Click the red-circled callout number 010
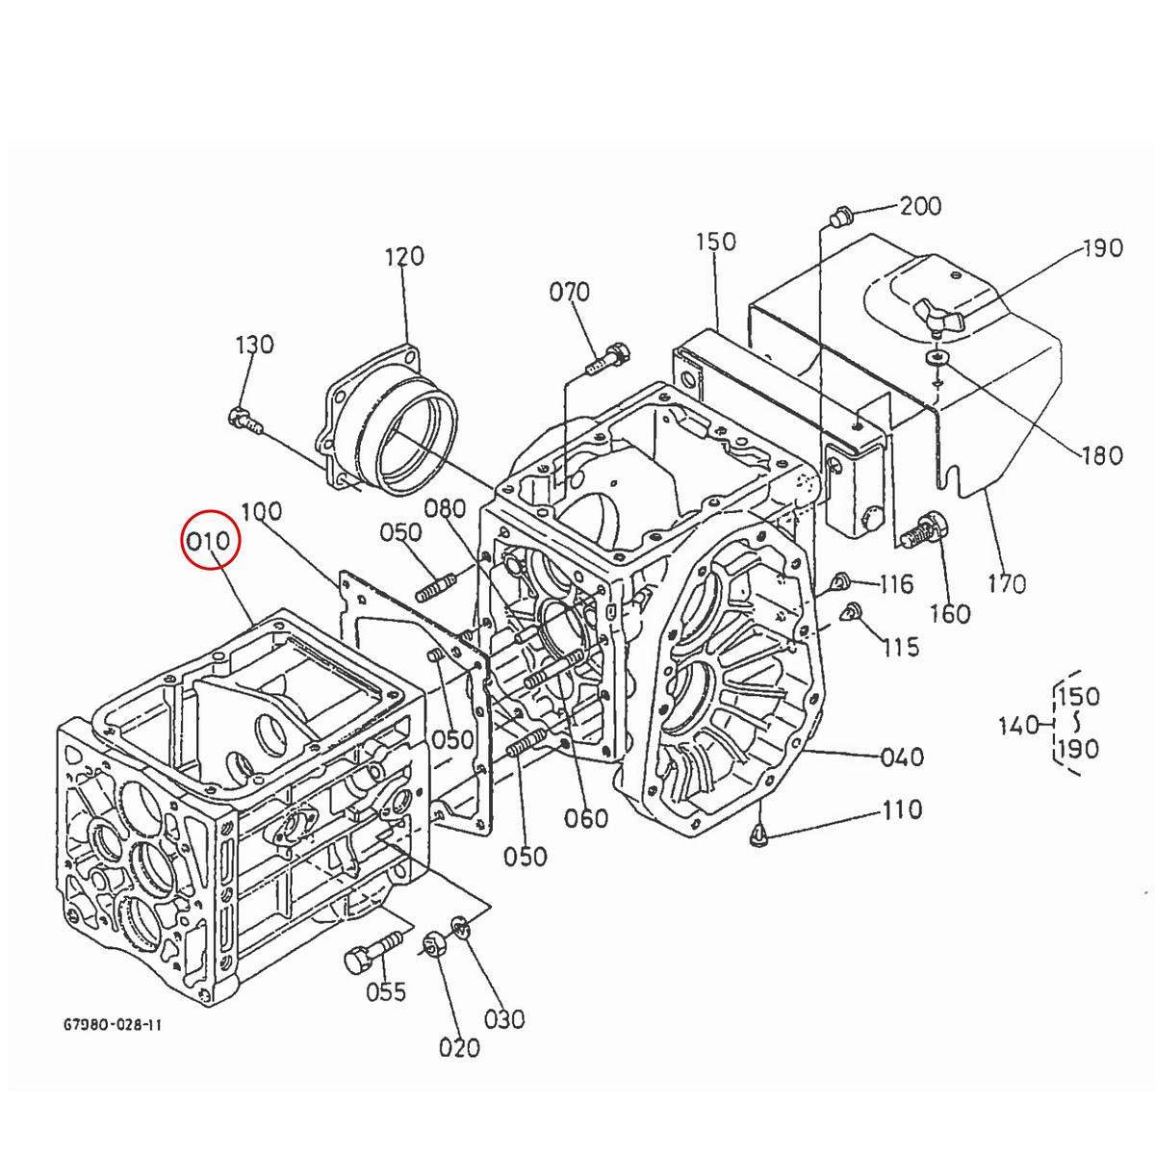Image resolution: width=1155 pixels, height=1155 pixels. point(210,542)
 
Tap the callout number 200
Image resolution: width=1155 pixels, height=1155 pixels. point(920,206)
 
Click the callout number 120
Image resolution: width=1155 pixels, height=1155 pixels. point(404,257)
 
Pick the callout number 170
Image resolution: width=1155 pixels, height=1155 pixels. point(1007,583)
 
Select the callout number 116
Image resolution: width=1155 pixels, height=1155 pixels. point(895,583)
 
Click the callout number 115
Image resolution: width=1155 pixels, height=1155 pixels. point(901,646)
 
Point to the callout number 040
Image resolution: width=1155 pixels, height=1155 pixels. point(902,757)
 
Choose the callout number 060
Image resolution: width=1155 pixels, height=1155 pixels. point(586,818)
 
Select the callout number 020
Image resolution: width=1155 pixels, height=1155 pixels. point(459,1047)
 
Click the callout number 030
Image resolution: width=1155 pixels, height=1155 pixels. point(504,1018)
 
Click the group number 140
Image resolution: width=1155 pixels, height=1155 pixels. point(1018,725)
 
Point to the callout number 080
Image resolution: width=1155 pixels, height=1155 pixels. point(445,509)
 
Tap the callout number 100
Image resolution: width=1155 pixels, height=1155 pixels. point(261,511)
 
